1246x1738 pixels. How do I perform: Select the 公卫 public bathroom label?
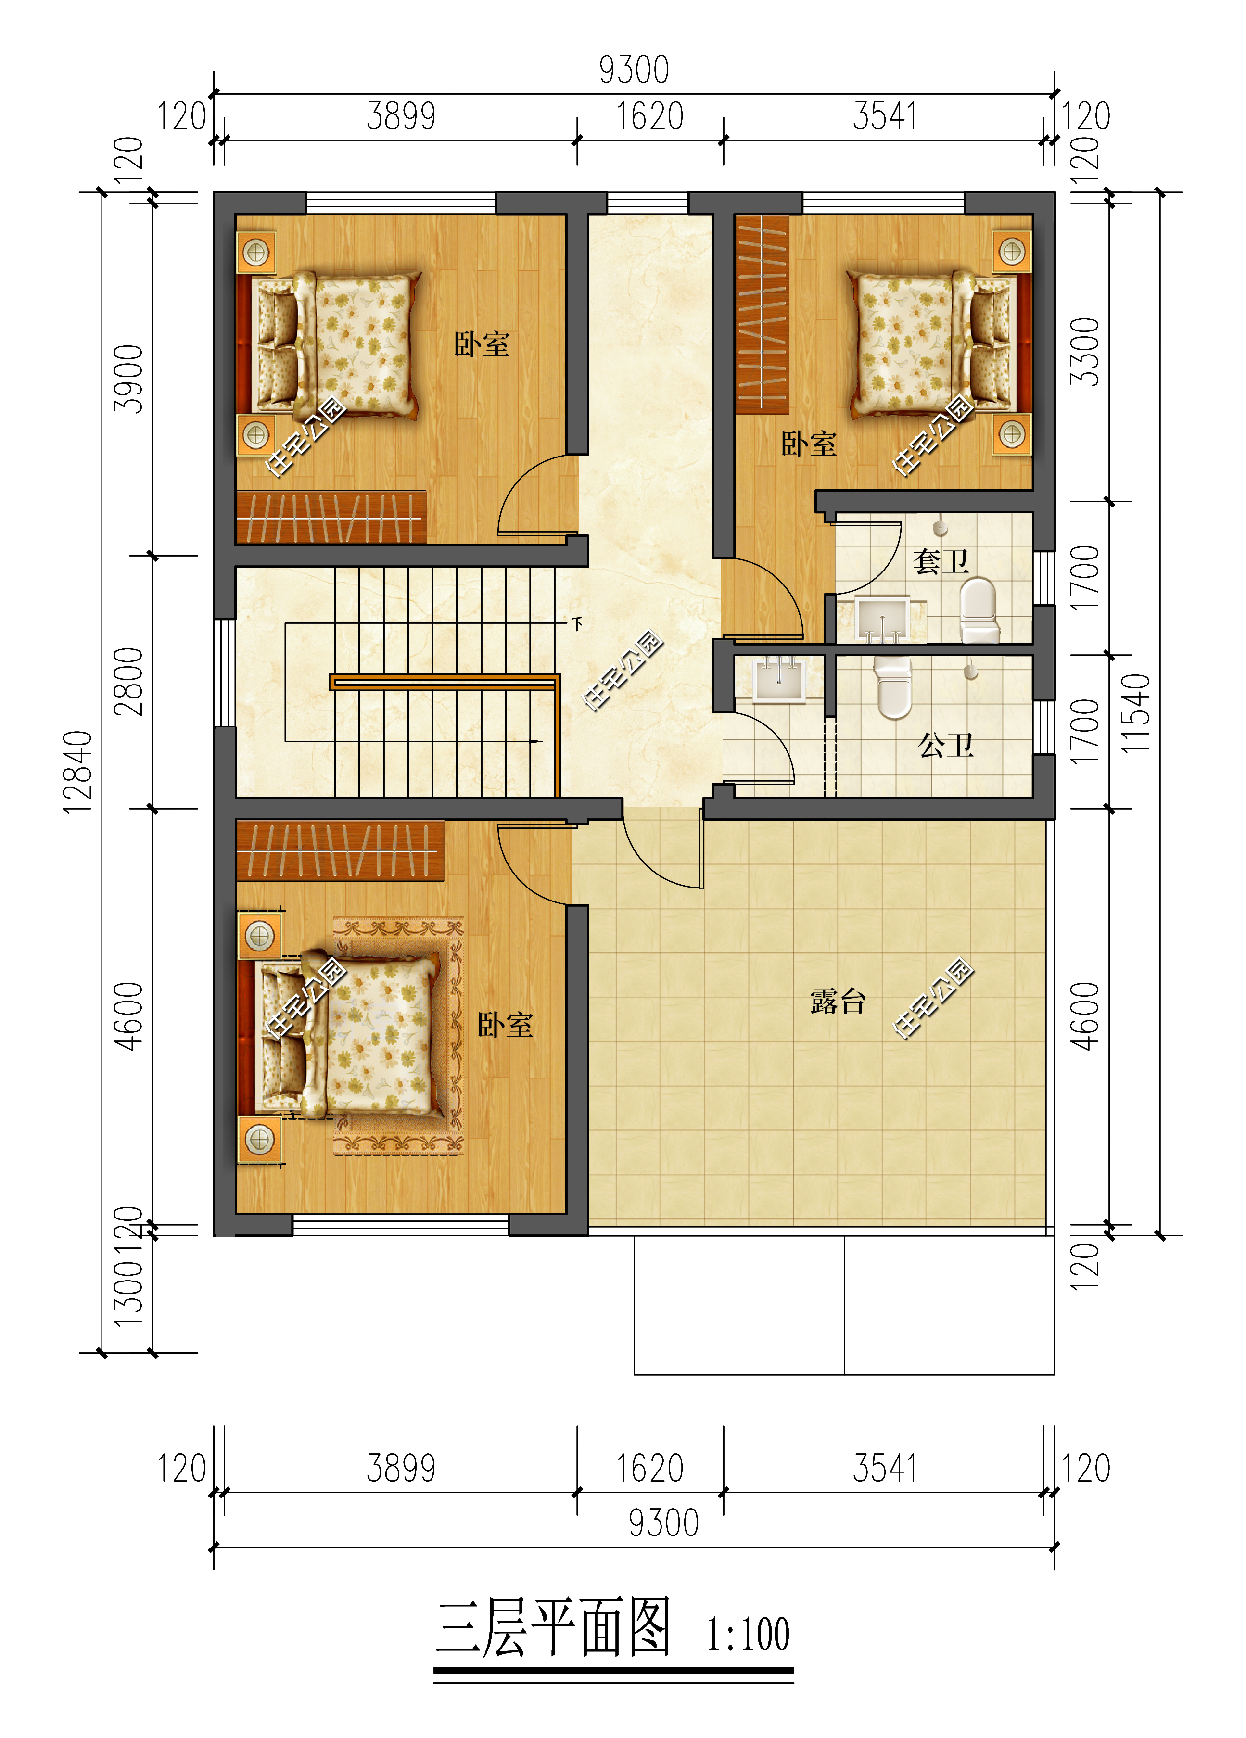[x=946, y=744]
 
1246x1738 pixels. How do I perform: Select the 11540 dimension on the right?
[x=1136, y=713]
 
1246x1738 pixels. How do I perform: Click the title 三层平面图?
[x=553, y=1628]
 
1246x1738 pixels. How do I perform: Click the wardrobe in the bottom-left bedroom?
[x=340, y=850]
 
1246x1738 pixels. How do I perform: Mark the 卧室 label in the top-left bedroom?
[x=482, y=344]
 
